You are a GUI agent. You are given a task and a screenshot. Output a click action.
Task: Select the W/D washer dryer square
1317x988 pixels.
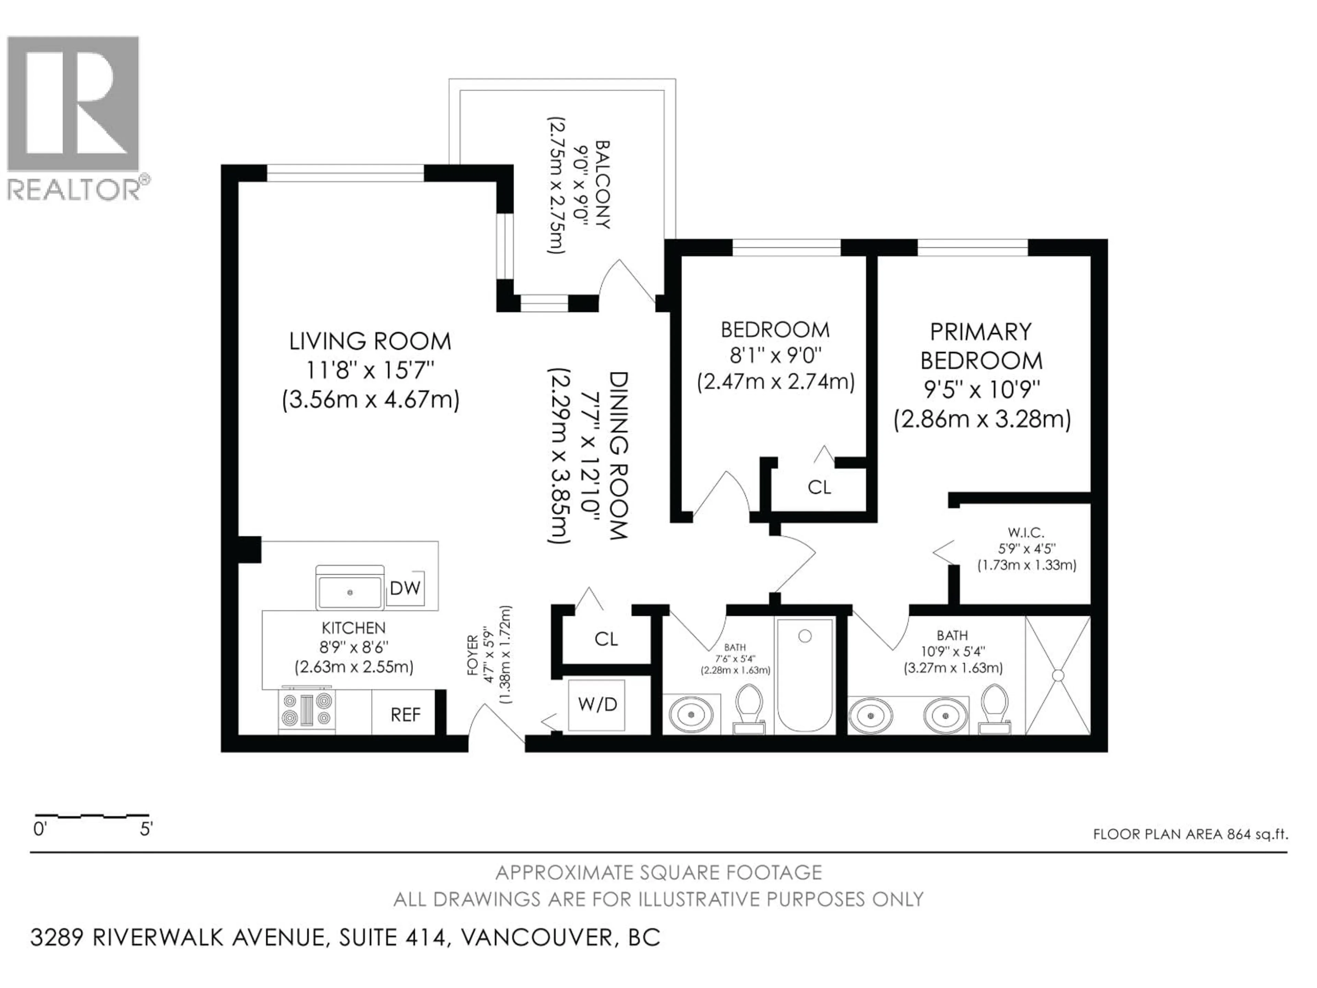(597, 705)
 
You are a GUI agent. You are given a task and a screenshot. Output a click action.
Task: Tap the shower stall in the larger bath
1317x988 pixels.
(1057, 675)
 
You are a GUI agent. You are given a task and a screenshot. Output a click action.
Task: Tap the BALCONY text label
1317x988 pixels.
(603, 185)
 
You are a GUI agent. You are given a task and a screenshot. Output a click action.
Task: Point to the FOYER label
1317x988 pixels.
(473, 655)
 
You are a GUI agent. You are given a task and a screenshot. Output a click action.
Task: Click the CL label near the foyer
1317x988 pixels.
(606, 639)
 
